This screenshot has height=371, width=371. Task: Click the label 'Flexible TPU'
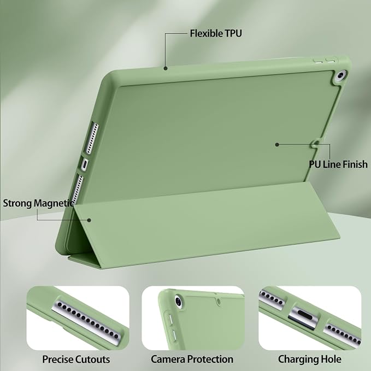click(x=216, y=33)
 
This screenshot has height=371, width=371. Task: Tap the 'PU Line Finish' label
click(x=338, y=164)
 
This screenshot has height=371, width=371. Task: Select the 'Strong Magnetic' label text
click(x=39, y=203)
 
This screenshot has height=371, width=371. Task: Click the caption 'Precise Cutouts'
click(x=76, y=359)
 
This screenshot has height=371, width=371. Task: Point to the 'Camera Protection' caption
click(x=192, y=359)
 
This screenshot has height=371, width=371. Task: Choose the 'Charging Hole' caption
click(x=309, y=359)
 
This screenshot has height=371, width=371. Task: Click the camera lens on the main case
click(x=340, y=76)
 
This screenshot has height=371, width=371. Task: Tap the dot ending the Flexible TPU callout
click(x=166, y=68)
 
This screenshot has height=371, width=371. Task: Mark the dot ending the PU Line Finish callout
click(x=277, y=145)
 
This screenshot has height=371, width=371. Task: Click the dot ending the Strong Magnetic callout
click(x=89, y=220)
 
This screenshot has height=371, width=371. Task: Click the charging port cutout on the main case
click(x=85, y=164)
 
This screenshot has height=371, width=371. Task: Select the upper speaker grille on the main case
click(x=92, y=138)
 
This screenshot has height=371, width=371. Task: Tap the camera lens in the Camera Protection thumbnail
click(x=178, y=302)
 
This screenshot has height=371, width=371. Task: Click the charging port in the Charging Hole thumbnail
click(x=304, y=317)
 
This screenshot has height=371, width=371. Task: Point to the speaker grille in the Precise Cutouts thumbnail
click(x=87, y=320)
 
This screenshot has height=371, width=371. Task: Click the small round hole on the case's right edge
click(x=316, y=143)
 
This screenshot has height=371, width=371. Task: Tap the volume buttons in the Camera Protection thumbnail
click(x=172, y=328)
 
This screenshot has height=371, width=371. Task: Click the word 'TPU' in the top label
click(x=233, y=33)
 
